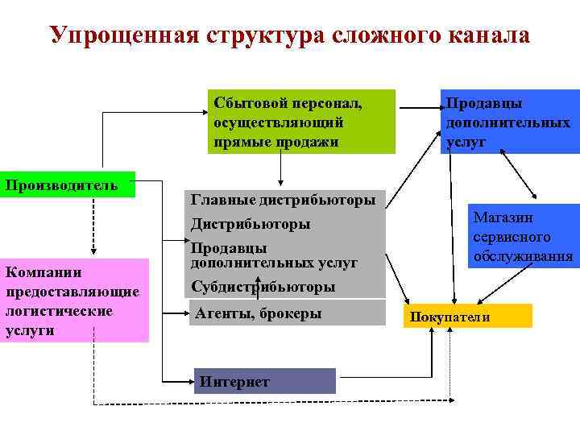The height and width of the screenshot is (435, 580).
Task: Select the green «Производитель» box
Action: [x=68, y=185]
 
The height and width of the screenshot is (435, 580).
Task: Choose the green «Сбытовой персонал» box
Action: [x=300, y=121]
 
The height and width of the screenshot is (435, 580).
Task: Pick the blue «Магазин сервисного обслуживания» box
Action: [x=524, y=237]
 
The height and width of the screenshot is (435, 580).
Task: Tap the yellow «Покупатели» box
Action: [x=470, y=316]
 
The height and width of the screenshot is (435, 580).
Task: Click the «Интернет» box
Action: [x=265, y=381]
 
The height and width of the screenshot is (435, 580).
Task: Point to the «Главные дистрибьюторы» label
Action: [x=283, y=200]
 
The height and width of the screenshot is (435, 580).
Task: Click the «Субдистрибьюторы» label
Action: [x=263, y=286]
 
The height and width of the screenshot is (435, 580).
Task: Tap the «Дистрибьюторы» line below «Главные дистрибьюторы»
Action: [x=251, y=223]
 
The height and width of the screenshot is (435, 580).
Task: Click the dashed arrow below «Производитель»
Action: [x=94, y=226]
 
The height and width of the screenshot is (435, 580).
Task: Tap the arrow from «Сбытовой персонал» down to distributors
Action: [x=280, y=169]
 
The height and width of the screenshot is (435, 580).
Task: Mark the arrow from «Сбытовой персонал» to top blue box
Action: [x=417, y=105]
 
